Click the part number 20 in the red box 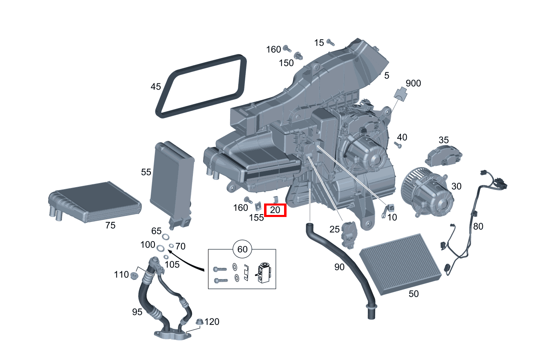tap(275, 210)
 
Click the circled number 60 tap(242, 249)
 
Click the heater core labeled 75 tap(94, 202)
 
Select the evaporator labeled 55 tap(172, 179)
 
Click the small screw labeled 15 tap(331, 42)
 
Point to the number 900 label tap(413, 83)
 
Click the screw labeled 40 tap(398, 145)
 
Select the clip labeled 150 tap(298, 56)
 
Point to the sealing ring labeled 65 tap(166, 237)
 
